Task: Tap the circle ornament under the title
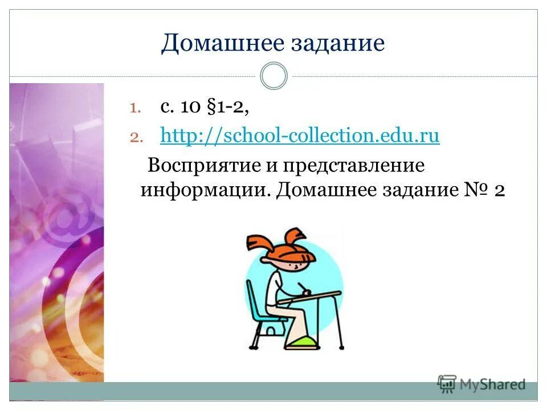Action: [273, 76]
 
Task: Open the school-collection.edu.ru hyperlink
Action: [300, 137]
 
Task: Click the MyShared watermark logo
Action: [481, 384]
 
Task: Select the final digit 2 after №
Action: [498, 190]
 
